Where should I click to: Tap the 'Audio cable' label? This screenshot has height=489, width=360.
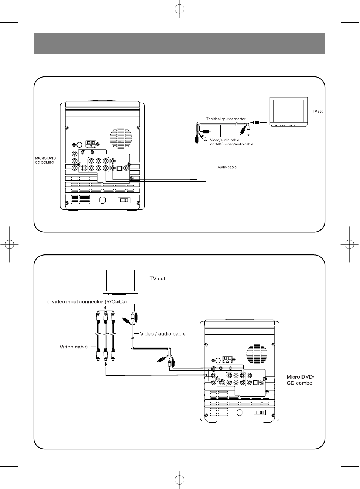tap(227, 167)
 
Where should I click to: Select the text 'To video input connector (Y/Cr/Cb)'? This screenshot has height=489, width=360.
tap(85, 301)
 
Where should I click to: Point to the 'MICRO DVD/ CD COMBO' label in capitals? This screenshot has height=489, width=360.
tap(45, 160)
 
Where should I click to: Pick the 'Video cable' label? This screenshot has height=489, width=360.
tap(73, 347)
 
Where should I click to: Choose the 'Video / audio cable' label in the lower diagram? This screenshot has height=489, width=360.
tap(163, 333)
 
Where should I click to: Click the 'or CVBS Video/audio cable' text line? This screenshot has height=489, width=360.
tap(231, 144)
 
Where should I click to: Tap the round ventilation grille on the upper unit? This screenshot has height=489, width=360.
tap(120, 138)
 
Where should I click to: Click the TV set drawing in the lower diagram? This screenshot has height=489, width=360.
tap(120, 280)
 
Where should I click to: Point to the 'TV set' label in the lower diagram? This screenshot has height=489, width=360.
tap(157, 278)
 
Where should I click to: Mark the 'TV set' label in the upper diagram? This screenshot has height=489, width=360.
tap(317, 111)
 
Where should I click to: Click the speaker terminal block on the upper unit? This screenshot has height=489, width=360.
tap(91, 144)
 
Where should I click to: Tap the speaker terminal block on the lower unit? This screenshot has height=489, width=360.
tap(227, 360)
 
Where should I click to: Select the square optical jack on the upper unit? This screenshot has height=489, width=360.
tap(119, 168)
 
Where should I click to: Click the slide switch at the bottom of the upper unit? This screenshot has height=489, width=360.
tap(123, 200)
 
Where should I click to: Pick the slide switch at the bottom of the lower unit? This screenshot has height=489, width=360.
tap(259, 413)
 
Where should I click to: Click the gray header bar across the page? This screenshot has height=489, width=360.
tap(179, 43)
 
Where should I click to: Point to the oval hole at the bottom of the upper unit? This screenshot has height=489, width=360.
tap(103, 200)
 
